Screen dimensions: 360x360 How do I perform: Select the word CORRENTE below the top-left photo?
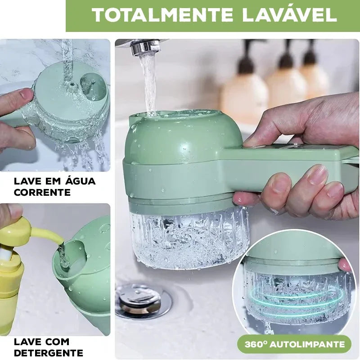click(42, 193)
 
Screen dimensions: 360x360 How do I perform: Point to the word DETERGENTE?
click(49, 353)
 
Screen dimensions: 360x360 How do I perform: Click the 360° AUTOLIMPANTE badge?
click(295, 345)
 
